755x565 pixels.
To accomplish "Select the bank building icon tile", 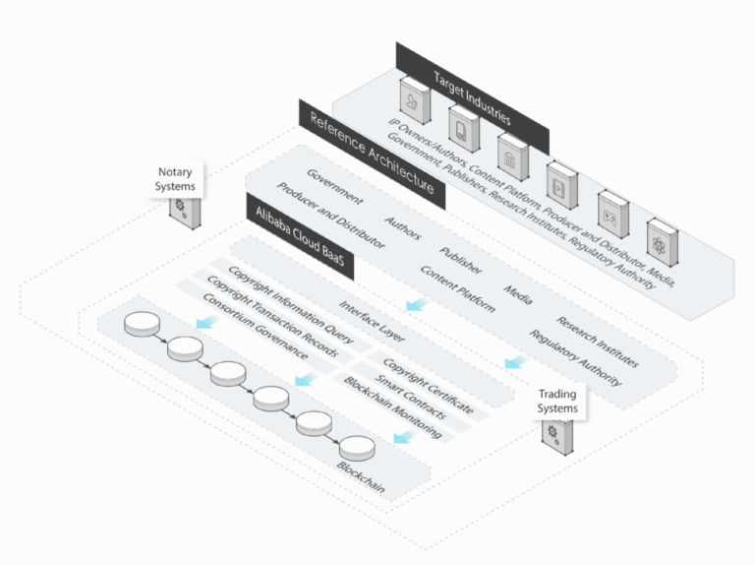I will point(510,156).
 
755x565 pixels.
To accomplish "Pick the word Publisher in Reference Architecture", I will point(459,259).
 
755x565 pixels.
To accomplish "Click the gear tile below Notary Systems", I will point(181,210).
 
